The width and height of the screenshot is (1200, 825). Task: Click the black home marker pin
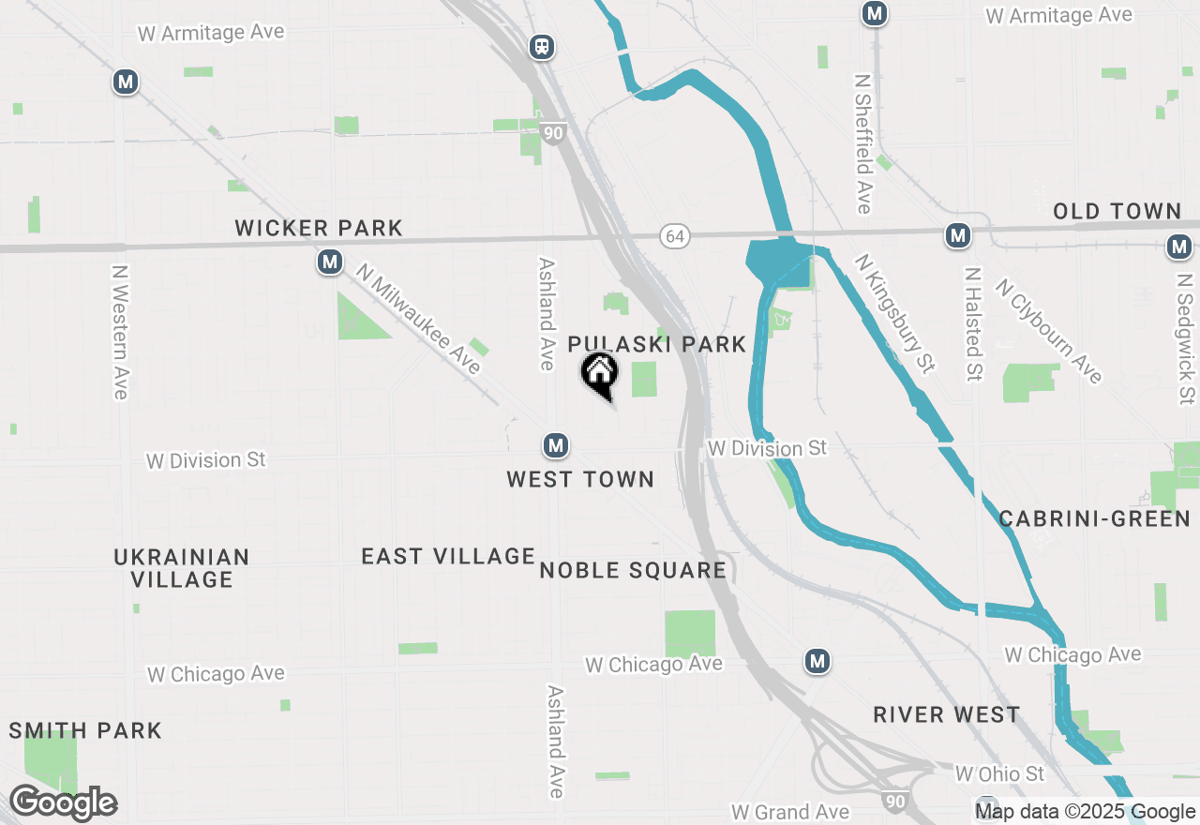pos(600,374)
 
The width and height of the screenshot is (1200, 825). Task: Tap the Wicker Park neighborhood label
pos(319,228)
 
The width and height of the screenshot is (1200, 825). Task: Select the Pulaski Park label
pos(656,344)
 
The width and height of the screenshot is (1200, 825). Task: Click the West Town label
pos(580,479)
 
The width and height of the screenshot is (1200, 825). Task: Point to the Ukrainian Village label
pos(182,568)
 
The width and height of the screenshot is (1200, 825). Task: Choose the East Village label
pos(448,556)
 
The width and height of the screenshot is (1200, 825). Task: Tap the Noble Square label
pos(633,570)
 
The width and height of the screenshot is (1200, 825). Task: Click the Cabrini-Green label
pos(1094,518)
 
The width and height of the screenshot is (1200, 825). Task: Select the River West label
pos(946,714)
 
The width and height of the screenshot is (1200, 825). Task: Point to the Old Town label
pos(1117,211)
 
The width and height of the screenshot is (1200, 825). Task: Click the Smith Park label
pos(85,730)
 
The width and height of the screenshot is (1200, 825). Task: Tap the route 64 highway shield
pos(674,236)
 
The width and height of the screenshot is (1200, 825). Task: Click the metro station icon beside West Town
pos(556,445)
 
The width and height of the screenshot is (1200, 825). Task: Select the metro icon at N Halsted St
pos(957,236)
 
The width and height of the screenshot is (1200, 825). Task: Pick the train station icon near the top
pos(541,47)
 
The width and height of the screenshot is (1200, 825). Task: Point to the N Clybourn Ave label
pos(1048,331)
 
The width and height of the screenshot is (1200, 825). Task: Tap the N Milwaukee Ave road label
pos(418,319)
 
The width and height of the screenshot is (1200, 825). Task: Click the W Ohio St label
pos(999,773)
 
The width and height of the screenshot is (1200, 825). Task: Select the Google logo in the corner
pos(63,803)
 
